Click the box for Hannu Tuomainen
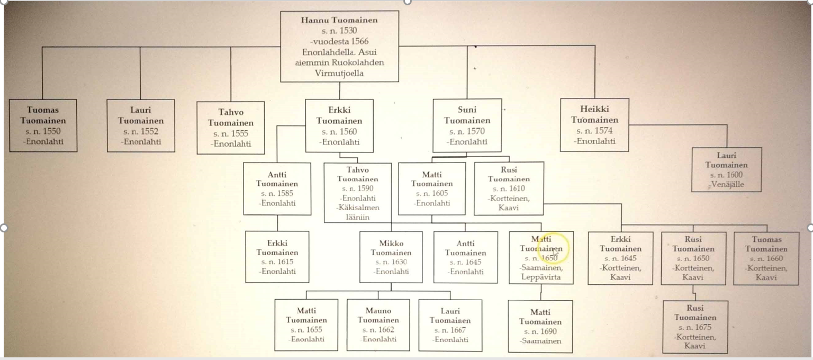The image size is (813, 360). [339, 46]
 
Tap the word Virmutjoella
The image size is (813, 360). [339, 73]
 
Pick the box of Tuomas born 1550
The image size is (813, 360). [43, 125]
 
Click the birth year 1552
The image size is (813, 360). [150, 131]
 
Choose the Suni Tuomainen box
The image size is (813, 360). [467, 125]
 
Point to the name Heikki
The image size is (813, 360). [594, 109]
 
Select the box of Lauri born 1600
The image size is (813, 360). [727, 169]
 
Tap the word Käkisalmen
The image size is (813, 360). [358, 208]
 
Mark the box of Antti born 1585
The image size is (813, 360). [277, 188]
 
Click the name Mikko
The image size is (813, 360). [391, 243]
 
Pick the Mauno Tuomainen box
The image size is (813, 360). [378, 325]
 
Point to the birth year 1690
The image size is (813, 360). [547, 331]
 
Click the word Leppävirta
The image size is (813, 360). [541, 277]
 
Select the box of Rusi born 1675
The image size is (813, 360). [695, 327]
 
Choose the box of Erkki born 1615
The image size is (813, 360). [277, 257]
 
